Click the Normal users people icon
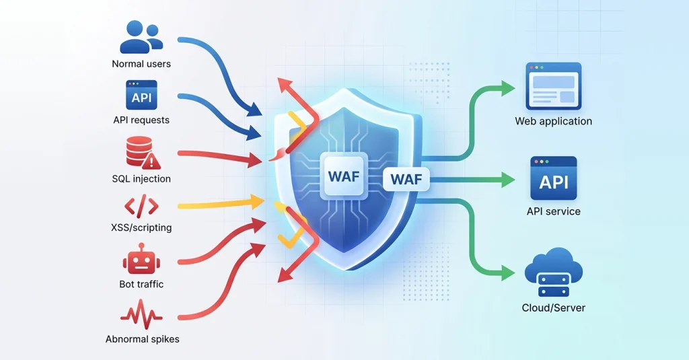(x=141, y=38)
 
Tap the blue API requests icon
(x=141, y=94)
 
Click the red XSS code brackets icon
(x=141, y=207)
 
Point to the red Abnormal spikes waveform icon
(x=141, y=314)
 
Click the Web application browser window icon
(x=554, y=86)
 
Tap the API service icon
(x=554, y=178)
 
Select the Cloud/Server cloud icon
(x=554, y=272)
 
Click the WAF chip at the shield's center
(x=344, y=176)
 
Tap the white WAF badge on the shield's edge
(x=406, y=179)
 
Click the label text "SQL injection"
(x=141, y=179)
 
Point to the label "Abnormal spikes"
(x=143, y=339)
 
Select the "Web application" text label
(x=554, y=121)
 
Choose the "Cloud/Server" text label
(x=554, y=308)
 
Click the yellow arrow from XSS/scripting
(x=221, y=203)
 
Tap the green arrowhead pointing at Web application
(x=508, y=88)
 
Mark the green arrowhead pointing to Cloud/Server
(x=508, y=273)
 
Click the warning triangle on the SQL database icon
(x=151, y=161)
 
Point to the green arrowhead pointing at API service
(x=508, y=180)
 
